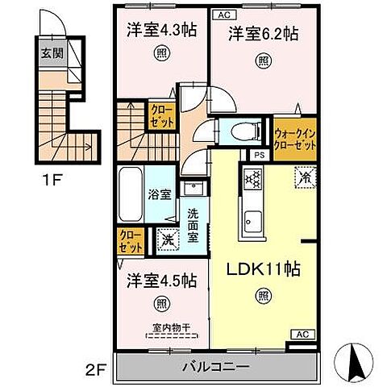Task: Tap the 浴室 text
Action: click(159, 194)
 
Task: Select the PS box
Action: click(259, 156)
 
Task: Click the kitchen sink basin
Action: click(252, 218)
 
